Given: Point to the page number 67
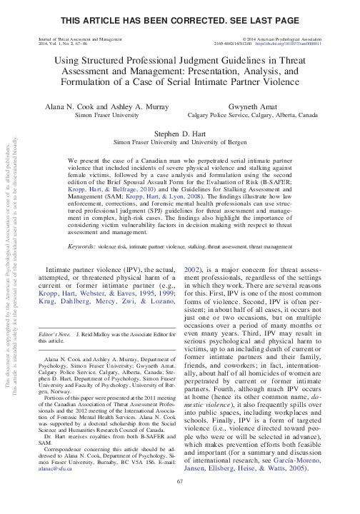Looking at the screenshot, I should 180,501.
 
